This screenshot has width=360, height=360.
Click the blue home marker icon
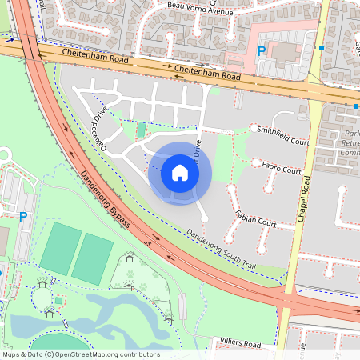180,173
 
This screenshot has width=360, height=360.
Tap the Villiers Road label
240,344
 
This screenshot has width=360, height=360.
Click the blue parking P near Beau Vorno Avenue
262,50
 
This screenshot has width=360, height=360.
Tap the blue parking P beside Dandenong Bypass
22,216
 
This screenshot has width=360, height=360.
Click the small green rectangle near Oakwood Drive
142,130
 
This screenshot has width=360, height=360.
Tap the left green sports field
62,248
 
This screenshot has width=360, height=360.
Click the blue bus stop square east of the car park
322,48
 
